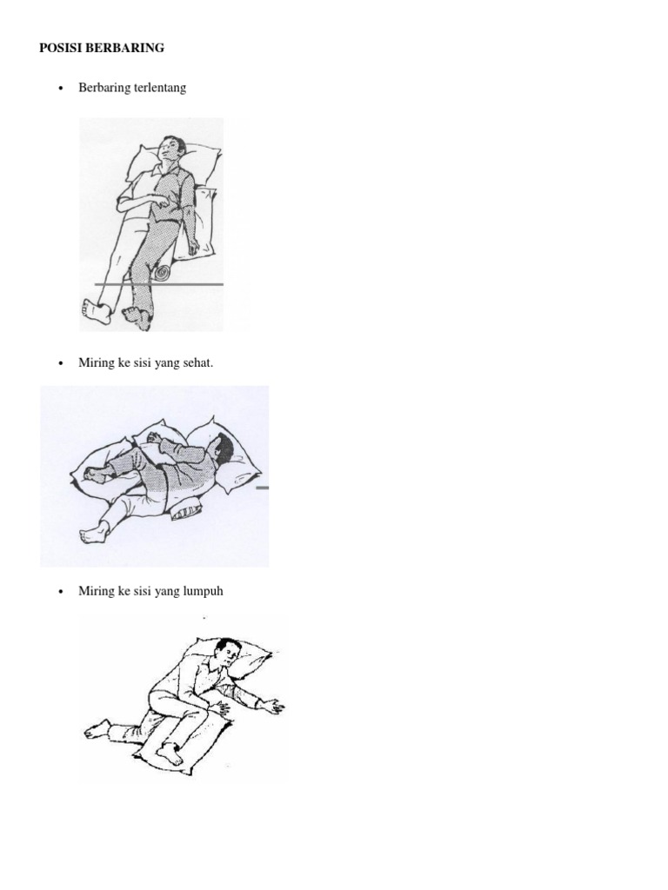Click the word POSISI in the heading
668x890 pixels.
pyautogui.click(x=60, y=49)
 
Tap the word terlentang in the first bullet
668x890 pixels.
pyautogui.click(x=157, y=88)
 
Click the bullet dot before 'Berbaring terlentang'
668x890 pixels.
pyautogui.click(x=61, y=89)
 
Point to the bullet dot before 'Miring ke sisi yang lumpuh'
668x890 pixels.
pyautogui.click(x=61, y=592)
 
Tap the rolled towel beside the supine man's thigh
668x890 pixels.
pyautogui.click(x=164, y=273)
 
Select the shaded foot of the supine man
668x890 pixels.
pyautogui.click(x=137, y=315)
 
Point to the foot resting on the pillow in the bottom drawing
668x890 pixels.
pyautogui.click(x=172, y=754)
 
